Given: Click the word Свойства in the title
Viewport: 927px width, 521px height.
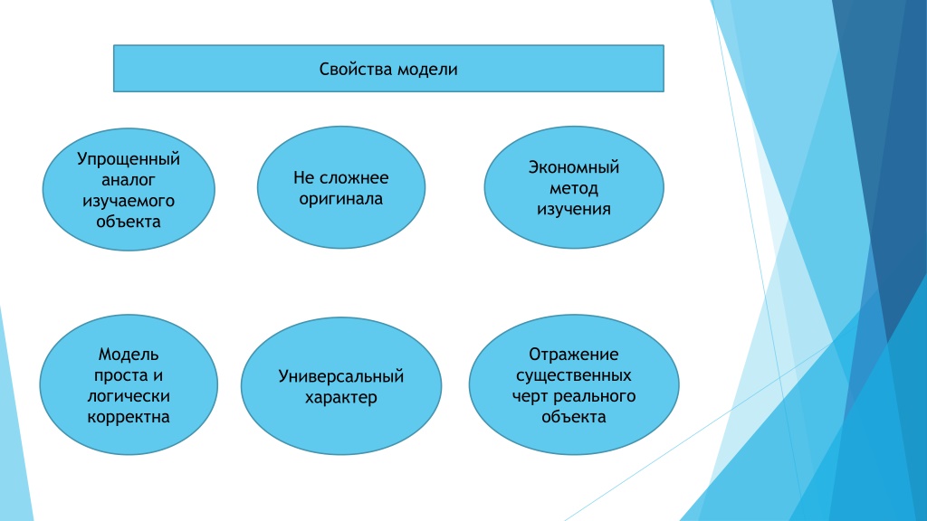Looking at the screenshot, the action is (355, 69).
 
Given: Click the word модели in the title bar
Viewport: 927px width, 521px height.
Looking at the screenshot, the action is (427, 69).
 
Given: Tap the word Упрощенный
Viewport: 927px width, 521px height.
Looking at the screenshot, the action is (129, 159).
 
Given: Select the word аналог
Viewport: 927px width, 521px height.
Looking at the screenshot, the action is (129, 180).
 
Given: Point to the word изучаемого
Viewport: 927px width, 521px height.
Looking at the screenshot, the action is (129, 201).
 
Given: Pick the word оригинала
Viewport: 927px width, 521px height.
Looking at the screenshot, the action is (341, 199).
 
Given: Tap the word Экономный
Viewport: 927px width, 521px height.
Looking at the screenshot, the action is (573, 167).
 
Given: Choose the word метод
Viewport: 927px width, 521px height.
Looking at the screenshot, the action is (573, 188).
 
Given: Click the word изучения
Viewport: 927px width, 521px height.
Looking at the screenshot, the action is (573, 209).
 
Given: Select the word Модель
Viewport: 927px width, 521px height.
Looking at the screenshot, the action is (129, 355).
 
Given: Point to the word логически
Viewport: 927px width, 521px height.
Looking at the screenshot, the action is (129, 396).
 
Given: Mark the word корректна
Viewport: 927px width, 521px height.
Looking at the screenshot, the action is (129, 417).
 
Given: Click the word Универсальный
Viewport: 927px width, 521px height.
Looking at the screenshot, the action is (341, 376).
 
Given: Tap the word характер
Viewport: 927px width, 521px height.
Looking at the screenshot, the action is (341, 398).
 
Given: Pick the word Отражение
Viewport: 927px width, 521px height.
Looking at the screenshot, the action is (573, 355).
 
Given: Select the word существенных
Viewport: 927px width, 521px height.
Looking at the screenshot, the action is (573, 375).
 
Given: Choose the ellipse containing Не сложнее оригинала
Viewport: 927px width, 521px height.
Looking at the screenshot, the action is (341, 187).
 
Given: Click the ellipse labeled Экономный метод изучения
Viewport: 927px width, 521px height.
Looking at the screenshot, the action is (573, 187).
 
